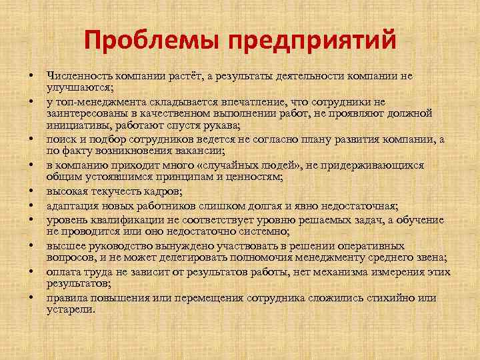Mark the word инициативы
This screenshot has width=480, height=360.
click(75, 125)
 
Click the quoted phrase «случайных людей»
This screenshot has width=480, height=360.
click(259, 165)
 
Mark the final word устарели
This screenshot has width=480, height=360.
click(71, 310)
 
